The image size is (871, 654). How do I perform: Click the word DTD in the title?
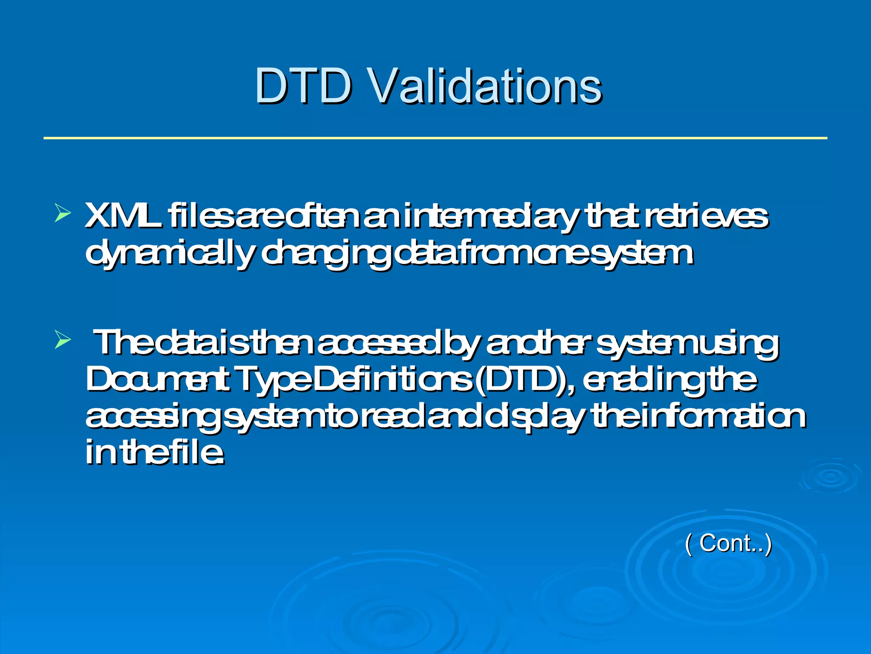click(304, 86)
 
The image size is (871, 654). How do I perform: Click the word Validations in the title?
click(484, 86)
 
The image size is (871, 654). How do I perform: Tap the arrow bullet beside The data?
click(62, 341)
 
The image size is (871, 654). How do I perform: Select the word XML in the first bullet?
click(123, 216)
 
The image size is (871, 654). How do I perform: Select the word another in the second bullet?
click(538, 343)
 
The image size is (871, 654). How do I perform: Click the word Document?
click(158, 379)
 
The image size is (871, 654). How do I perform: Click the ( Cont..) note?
click(728, 543)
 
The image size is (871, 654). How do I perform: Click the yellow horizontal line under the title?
click(435, 138)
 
